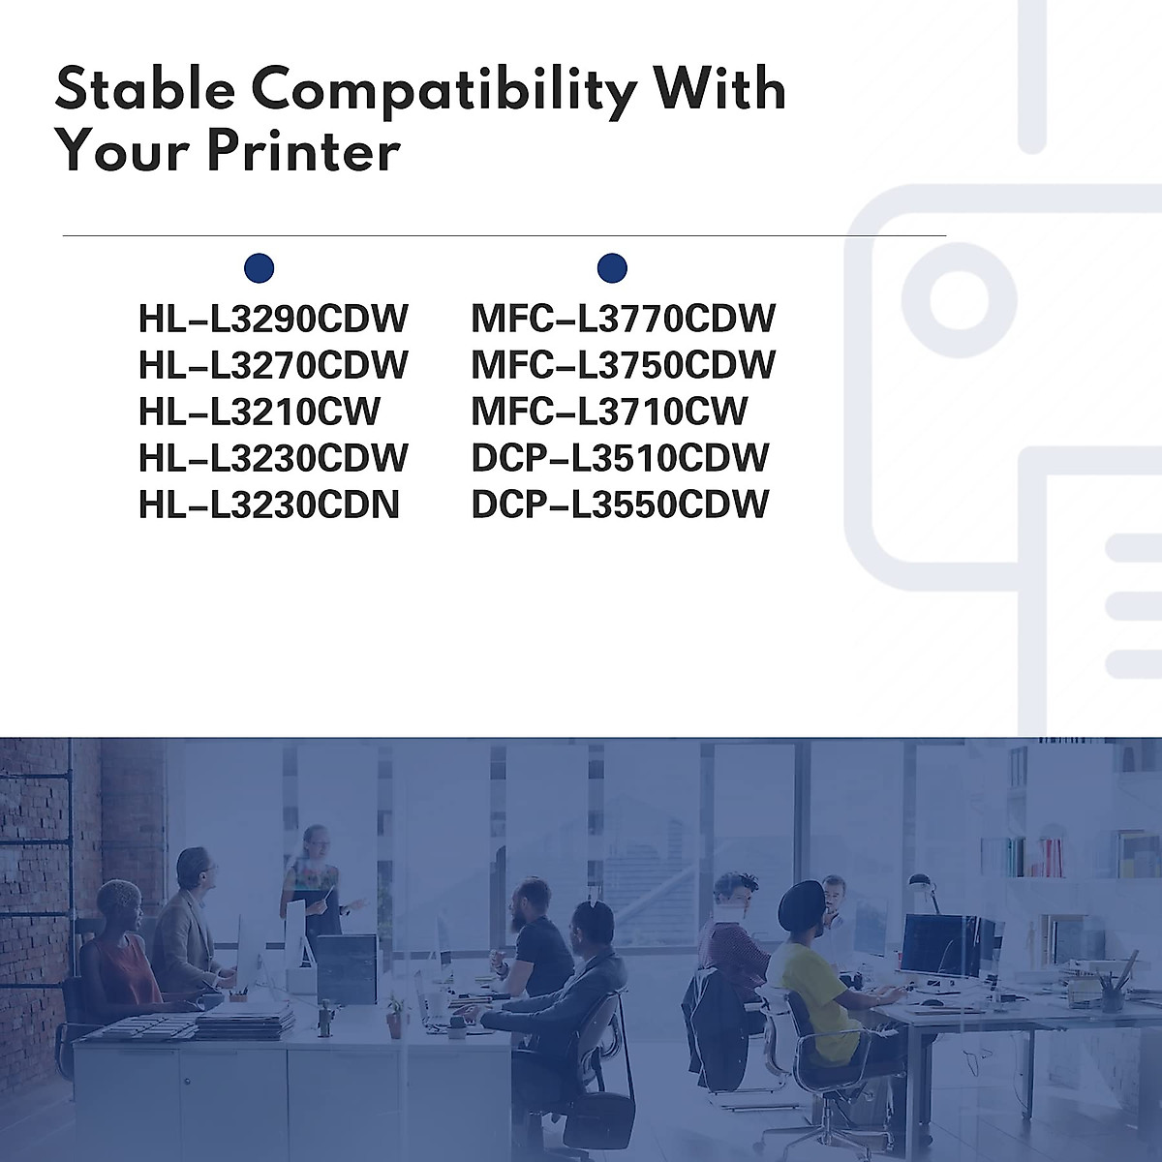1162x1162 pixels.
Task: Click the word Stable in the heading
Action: click(145, 89)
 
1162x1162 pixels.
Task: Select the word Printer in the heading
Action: click(303, 151)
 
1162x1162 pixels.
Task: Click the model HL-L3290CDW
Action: click(273, 319)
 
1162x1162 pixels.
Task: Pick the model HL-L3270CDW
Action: click(273, 365)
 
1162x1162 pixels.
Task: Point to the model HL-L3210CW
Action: click(260, 412)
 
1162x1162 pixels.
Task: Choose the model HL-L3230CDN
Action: click(269, 505)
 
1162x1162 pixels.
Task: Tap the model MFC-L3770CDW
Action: click(623, 319)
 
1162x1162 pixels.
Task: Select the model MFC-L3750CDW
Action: click(623, 365)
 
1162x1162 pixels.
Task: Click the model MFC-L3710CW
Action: click(609, 412)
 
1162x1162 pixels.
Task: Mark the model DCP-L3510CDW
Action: click(620, 458)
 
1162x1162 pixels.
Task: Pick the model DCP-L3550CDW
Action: click(620, 505)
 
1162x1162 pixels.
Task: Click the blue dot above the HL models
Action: click(260, 267)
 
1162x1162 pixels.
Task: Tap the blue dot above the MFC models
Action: click(612, 267)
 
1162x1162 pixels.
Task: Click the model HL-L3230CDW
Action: click(273, 458)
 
